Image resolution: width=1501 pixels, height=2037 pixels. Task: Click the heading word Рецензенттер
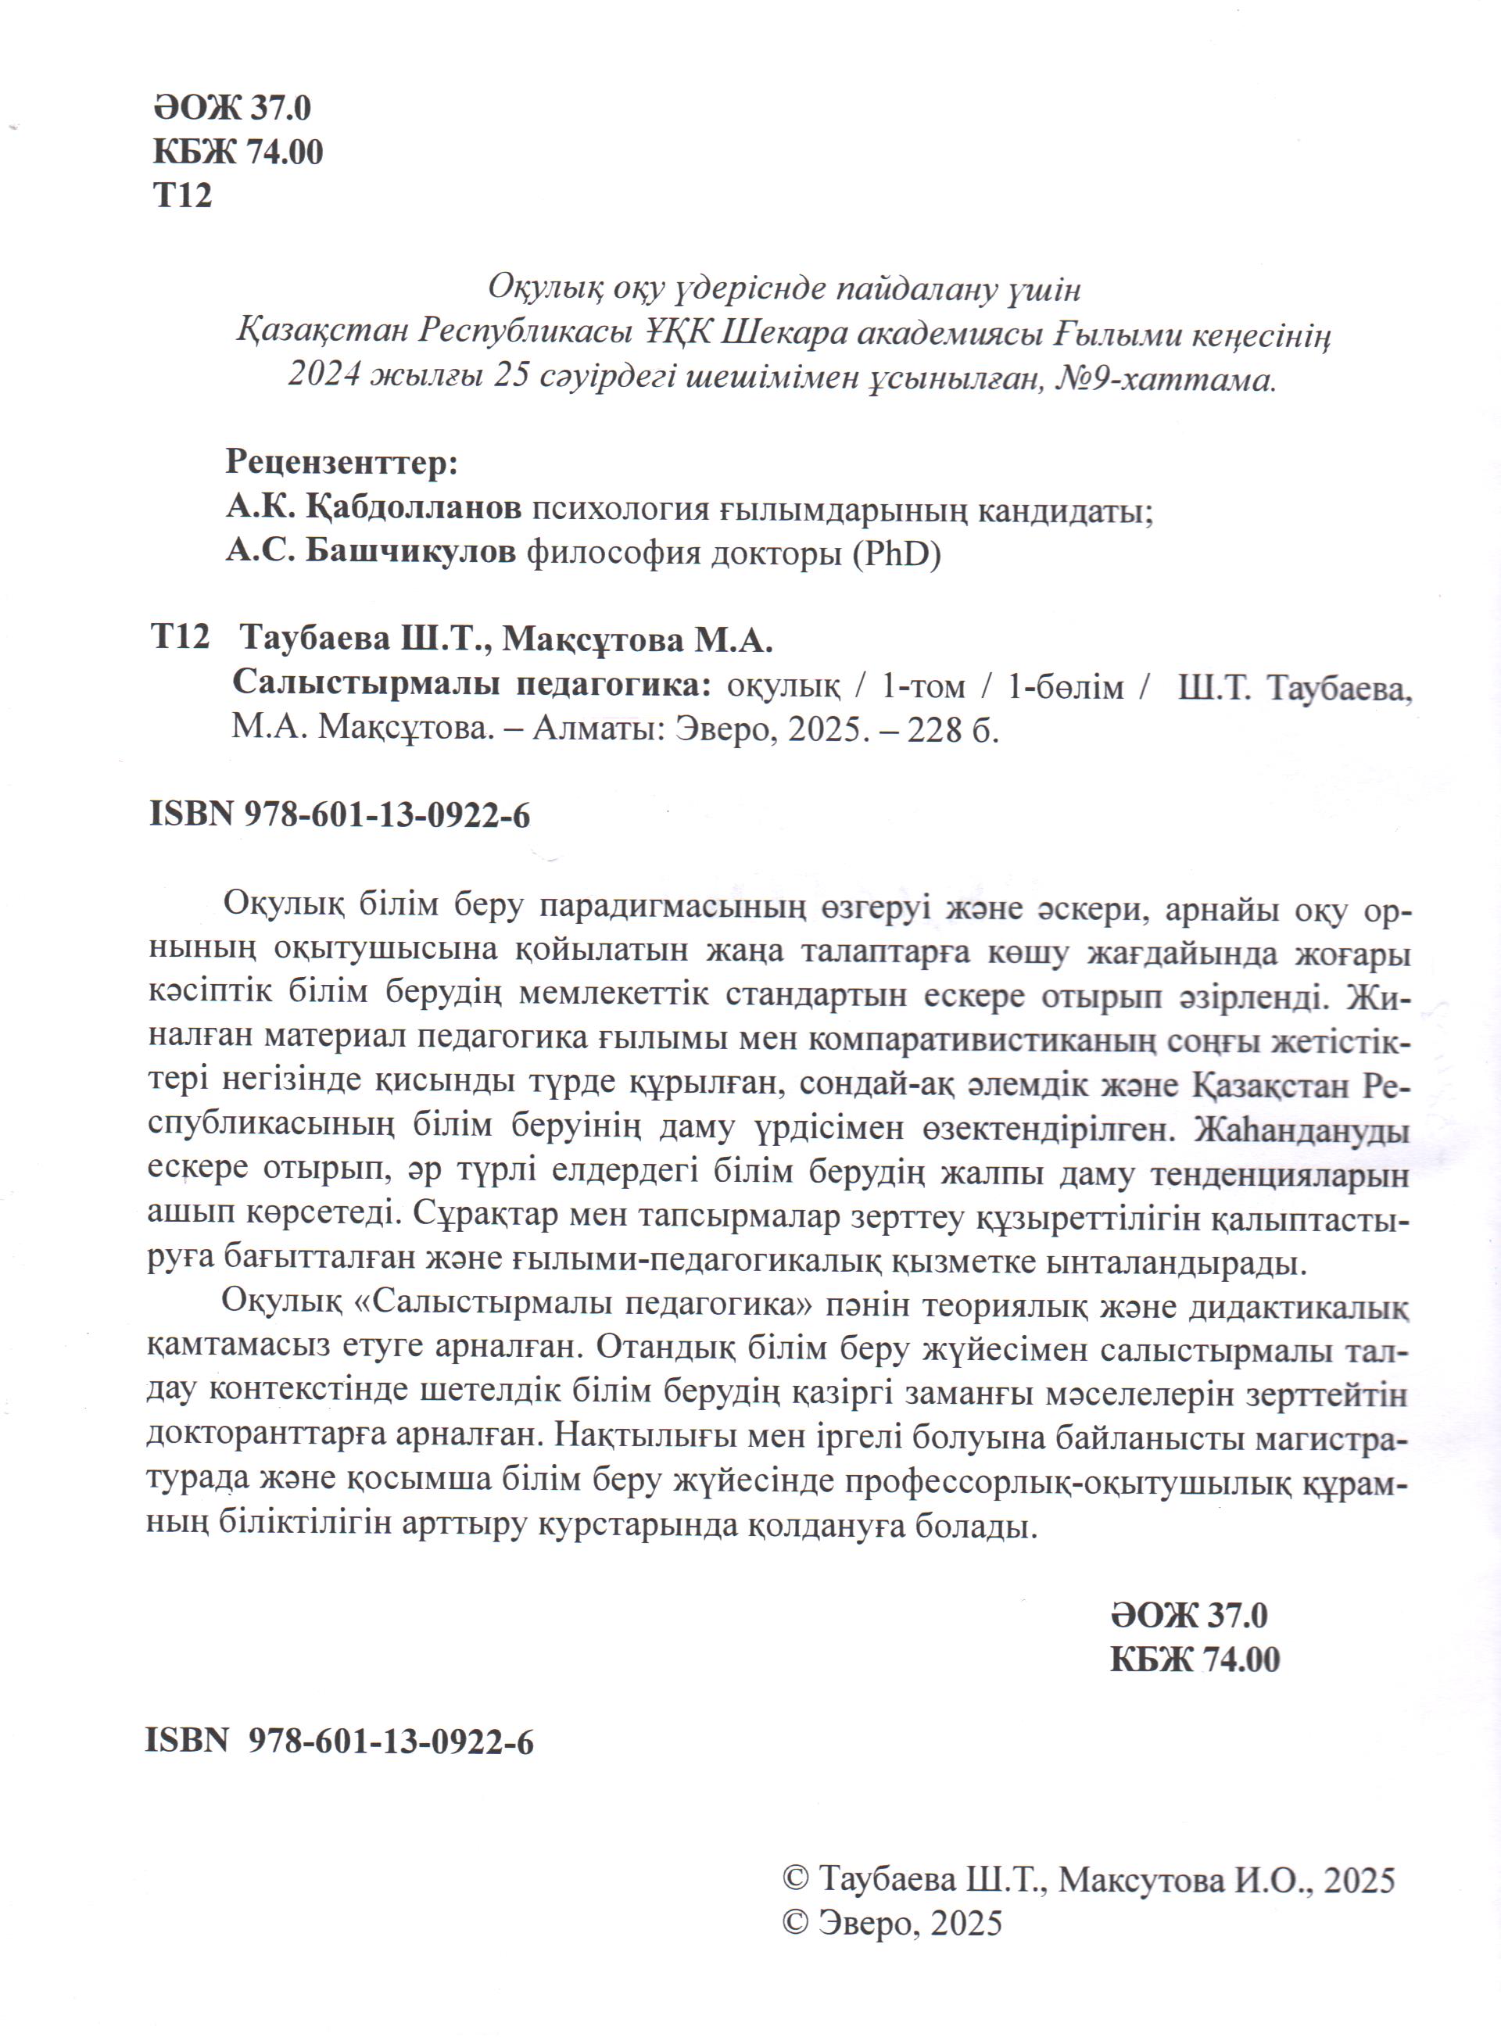(341, 463)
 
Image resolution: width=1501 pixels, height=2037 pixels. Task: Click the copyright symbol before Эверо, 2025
(796, 1924)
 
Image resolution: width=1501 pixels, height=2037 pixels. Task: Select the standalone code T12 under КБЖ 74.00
(183, 195)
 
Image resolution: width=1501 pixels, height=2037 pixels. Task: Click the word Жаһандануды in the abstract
(1302, 1129)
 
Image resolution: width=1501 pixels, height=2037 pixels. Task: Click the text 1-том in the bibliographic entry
(923, 686)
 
